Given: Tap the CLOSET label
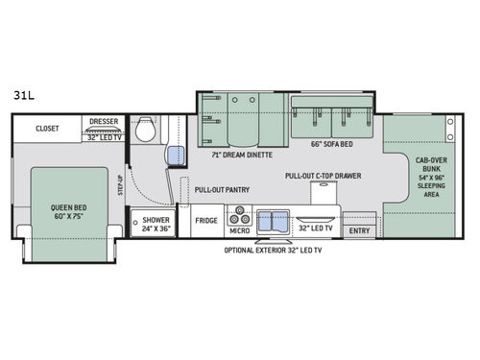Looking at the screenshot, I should point(48,127).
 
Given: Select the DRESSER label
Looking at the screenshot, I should point(105,122).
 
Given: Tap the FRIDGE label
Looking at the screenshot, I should point(204,221).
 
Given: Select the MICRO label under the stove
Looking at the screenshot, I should point(238,230).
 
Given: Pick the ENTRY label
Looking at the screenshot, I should point(359,230).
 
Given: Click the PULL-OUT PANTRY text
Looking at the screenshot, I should point(222,190).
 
